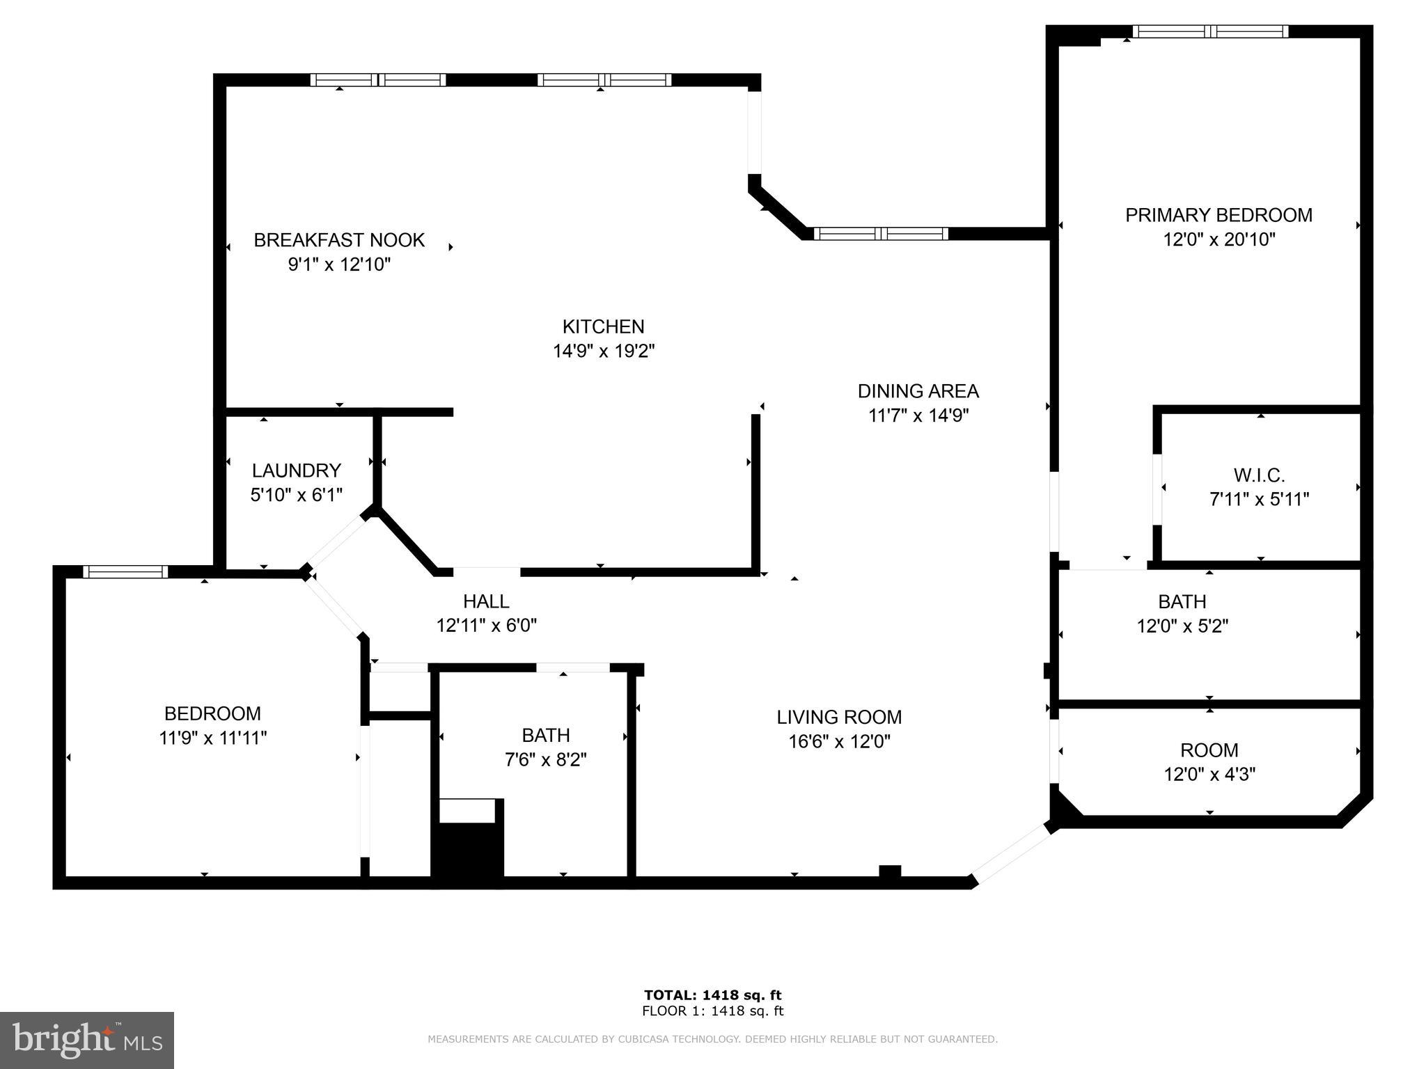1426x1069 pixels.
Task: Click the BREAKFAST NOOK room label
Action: point(339,240)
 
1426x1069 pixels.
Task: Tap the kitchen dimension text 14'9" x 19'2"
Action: point(604,351)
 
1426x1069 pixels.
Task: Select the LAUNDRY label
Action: point(297,470)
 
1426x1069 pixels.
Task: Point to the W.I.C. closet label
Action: point(1259,475)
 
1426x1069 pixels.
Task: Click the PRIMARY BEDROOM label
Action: point(1219,215)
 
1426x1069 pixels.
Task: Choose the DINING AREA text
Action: point(918,391)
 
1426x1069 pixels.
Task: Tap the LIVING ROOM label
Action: point(839,717)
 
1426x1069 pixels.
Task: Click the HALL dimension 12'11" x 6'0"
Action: point(486,626)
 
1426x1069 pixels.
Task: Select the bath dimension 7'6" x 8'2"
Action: point(546,759)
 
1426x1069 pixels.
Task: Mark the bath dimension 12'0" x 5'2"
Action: point(1182,626)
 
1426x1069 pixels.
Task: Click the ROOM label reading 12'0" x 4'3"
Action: point(1209,774)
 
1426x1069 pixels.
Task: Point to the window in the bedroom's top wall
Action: point(125,572)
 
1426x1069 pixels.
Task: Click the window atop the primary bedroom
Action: point(1210,31)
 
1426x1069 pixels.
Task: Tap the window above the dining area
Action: point(881,234)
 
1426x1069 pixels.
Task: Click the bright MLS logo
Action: point(86,1040)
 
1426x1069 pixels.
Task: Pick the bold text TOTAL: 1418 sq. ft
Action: point(712,995)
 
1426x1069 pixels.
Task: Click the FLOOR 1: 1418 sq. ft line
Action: point(712,1011)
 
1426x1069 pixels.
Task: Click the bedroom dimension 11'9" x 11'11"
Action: point(213,738)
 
